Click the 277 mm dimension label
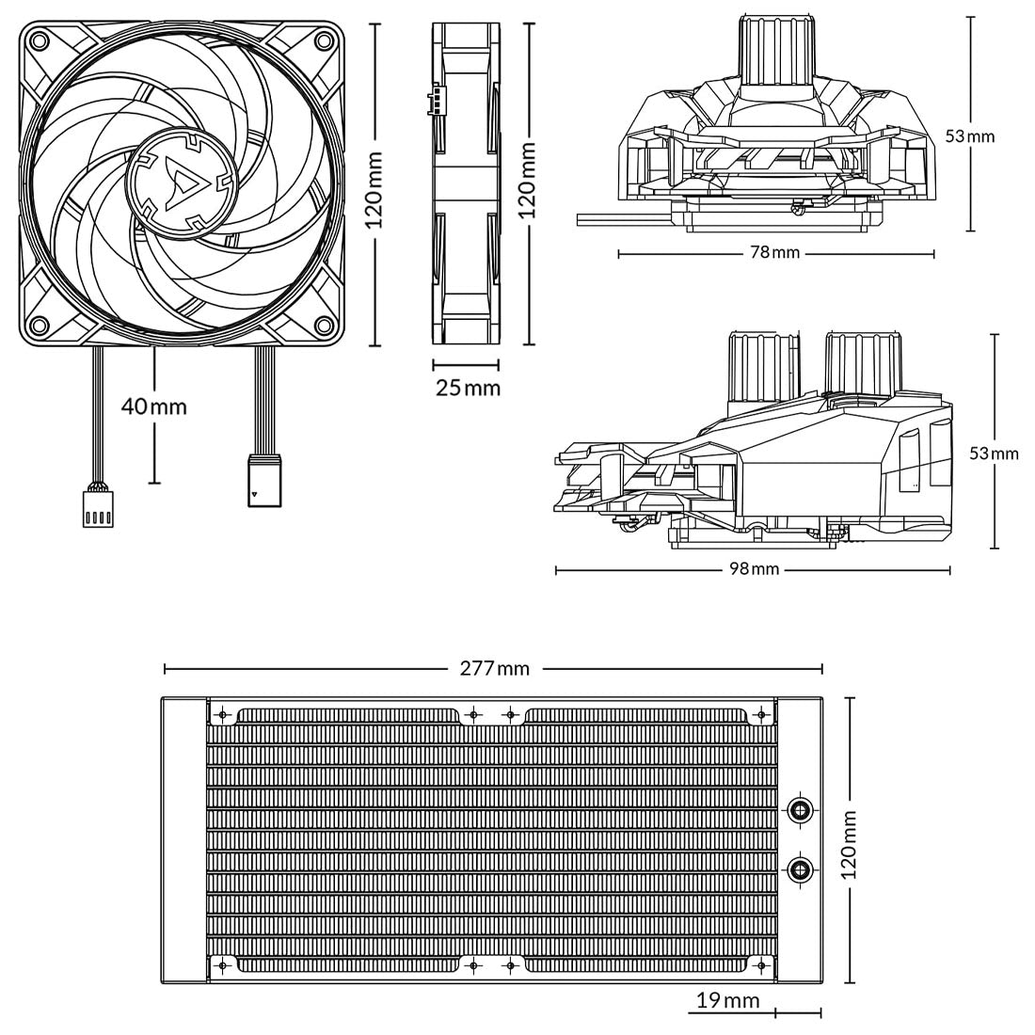pos(494,669)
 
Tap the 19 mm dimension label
pos(727,1000)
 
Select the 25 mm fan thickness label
pos(468,387)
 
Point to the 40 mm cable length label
pos(154,406)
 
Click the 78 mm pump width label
pos(775,253)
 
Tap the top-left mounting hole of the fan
pos(40,40)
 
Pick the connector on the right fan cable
pos(263,482)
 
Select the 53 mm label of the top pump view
pos(969,136)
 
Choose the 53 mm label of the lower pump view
pos(994,454)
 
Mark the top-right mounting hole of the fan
pos(323,40)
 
